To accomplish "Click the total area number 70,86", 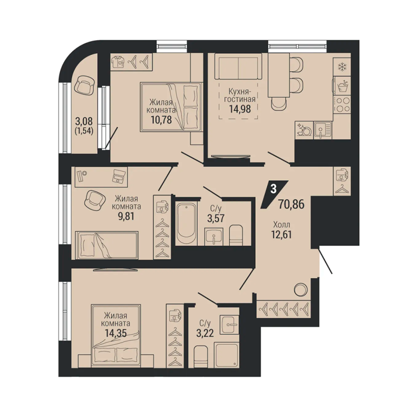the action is [x=291, y=204].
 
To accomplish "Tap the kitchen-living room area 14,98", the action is [x=240, y=109].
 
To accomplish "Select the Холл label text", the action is [x=282, y=225].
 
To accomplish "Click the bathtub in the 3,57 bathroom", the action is [x=186, y=223].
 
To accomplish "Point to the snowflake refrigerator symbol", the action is [x=342, y=67].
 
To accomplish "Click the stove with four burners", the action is [x=342, y=104].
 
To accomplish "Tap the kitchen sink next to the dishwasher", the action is [x=323, y=130].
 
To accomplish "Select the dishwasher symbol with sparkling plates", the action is [x=304, y=130].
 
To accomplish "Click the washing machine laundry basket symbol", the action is [x=342, y=86].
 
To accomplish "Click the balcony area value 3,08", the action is [x=84, y=122].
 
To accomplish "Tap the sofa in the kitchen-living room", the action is [x=238, y=66].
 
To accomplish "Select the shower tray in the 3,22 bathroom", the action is [x=226, y=355].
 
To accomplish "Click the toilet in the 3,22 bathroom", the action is [x=201, y=357].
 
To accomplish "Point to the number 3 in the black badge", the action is [x=274, y=189].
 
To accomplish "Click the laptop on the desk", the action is [x=119, y=176].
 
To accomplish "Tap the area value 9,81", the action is [x=127, y=216].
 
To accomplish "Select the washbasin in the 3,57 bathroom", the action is [x=214, y=237].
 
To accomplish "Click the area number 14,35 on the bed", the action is [x=116, y=333].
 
